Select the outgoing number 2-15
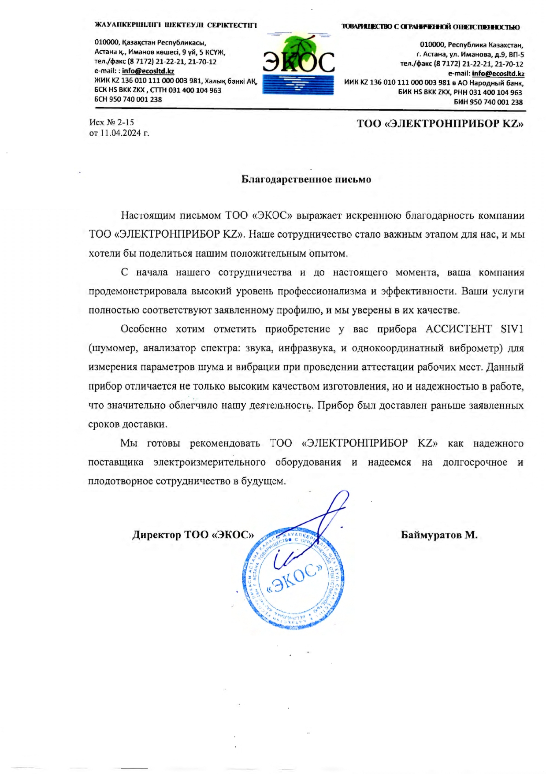125,123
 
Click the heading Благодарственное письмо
306,179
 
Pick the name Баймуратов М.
439,535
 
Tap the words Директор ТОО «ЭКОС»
193,535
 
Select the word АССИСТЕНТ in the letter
458,329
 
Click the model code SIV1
512,329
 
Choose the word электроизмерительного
209,462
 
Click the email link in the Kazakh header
148,71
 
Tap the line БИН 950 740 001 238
488,102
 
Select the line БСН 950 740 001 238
128,100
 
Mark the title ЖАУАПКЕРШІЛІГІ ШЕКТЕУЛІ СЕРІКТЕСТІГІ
175,25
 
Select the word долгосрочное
475,462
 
